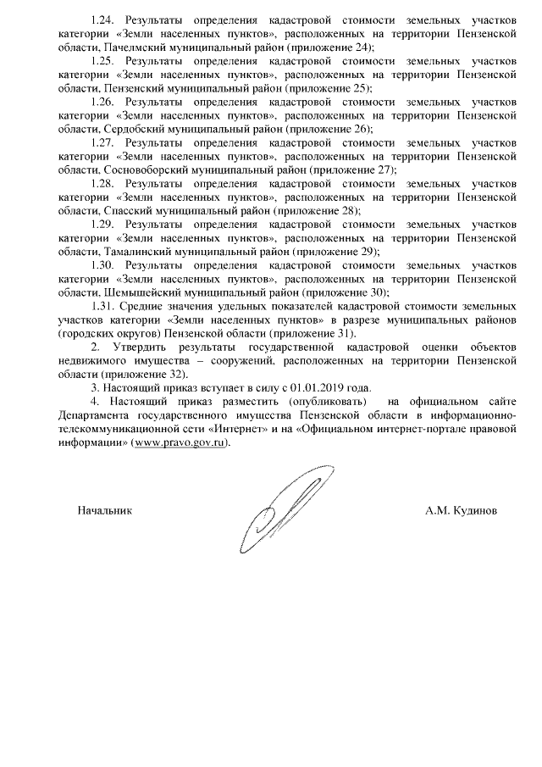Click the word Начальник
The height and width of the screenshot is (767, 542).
point(105,511)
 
